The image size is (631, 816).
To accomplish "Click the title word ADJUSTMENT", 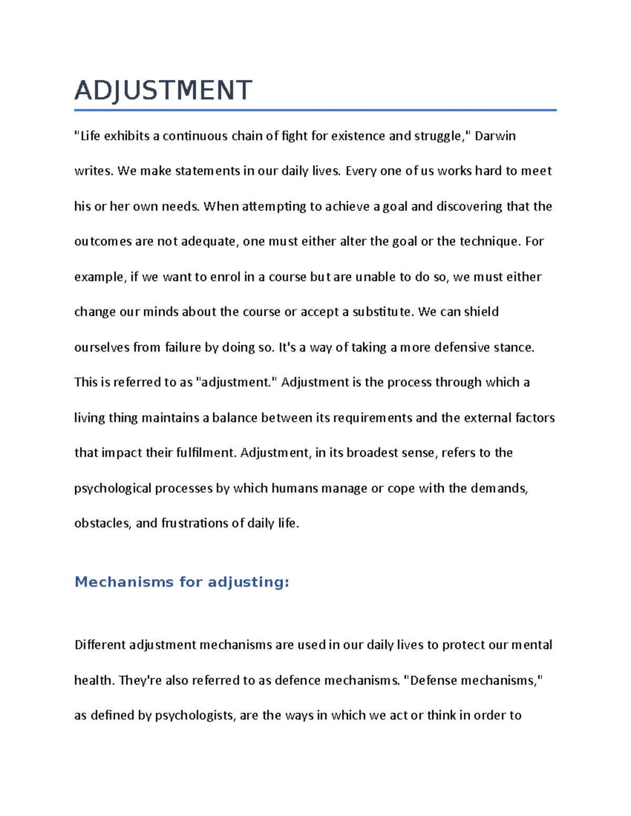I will coord(163,90).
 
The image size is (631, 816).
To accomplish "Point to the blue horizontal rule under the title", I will coord(315,110).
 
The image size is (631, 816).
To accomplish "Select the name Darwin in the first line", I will coord(495,136).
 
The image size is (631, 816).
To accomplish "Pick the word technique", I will coord(489,242).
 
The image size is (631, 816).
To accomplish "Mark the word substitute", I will coord(383,312).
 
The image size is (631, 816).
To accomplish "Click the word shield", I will coord(481,312).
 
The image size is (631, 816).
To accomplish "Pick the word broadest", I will coord(376,453).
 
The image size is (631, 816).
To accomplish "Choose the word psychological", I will coord(113,489).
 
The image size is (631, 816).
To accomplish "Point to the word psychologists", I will coord(194,716).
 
